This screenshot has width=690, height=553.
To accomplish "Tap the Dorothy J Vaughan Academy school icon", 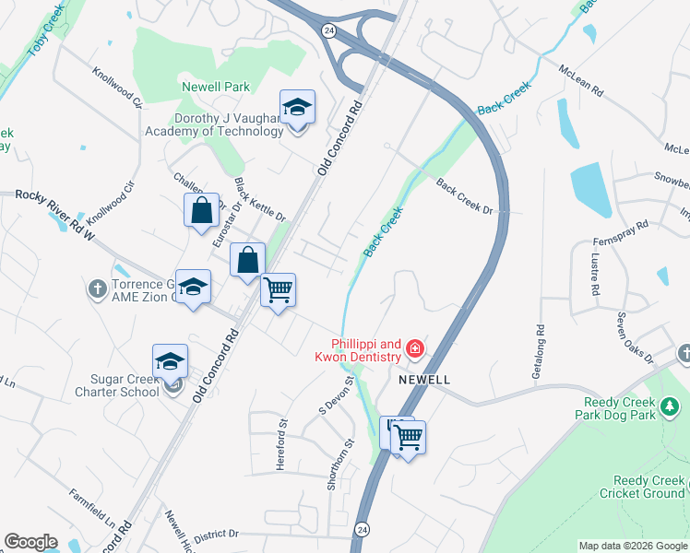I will (x=297, y=109).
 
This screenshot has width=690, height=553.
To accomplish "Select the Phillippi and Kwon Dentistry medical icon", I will (x=415, y=348).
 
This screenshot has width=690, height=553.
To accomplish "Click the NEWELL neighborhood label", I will (x=424, y=380).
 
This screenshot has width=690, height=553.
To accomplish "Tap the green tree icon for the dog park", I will (x=671, y=405).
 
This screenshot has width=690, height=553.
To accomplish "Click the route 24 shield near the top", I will (x=329, y=30).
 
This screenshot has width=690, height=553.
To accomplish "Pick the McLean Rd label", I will (x=580, y=80).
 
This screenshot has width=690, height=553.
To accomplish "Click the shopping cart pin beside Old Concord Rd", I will (x=279, y=290).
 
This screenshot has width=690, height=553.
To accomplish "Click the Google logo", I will (x=30, y=542).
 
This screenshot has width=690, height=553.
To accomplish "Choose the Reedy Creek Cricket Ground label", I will (x=648, y=487).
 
